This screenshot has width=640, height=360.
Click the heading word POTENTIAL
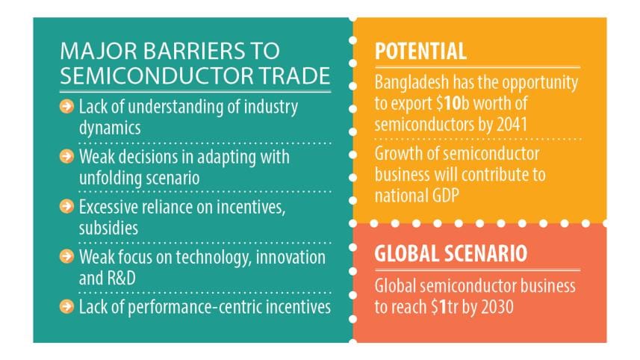pyautogui.click(x=420, y=52)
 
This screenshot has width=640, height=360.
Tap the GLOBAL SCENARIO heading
pyautogui.click(x=450, y=253)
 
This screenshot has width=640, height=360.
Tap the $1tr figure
pyautogui.click(x=456, y=306)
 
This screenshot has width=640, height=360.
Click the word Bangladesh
pyautogui.click(x=412, y=82)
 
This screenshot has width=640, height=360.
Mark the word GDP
pyautogui.click(x=440, y=196)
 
